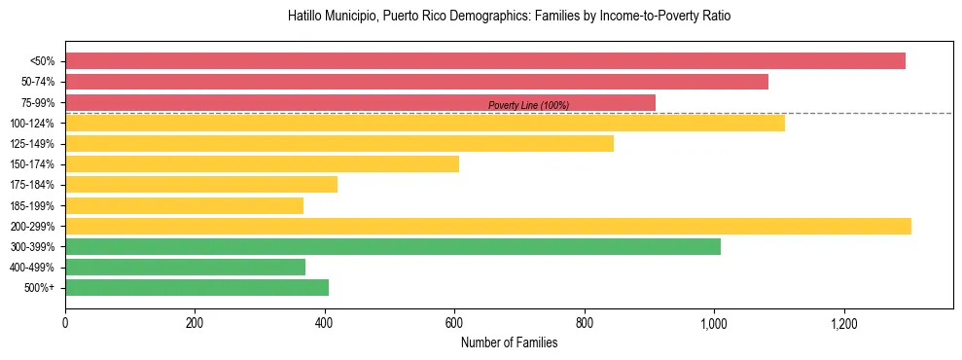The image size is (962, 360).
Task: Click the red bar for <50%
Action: (x=484, y=61)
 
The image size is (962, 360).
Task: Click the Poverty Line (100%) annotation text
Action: (x=528, y=105)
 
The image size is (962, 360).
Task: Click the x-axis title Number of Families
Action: (x=509, y=342)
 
